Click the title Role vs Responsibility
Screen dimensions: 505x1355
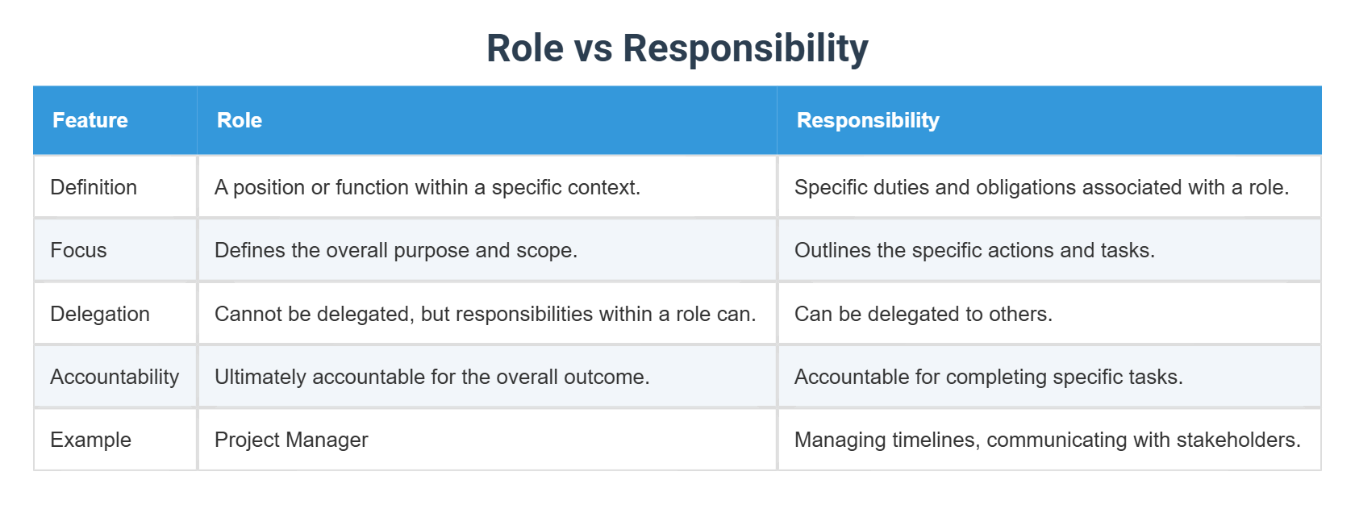(677, 48)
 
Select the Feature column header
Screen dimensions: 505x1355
(90, 120)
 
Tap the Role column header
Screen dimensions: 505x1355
(240, 120)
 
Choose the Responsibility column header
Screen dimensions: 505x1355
(868, 120)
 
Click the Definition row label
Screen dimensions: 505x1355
(94, 187)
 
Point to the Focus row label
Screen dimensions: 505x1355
(78, 250)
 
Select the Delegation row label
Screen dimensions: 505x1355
(100, 314)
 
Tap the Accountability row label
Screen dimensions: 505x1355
(115, 377)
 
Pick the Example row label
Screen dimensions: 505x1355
(90, 440)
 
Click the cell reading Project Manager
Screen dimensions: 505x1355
(291, 440)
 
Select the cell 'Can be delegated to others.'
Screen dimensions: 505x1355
(923, 314)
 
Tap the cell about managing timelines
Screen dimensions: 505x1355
(1047, 440)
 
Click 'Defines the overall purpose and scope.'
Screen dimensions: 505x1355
(396, 250)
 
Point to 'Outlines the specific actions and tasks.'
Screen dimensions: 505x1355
(974, 250)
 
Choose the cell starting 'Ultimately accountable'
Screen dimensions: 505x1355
(432, 377)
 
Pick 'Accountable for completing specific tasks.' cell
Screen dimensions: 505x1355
(988, 377)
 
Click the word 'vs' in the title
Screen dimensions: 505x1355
(593, 48)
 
